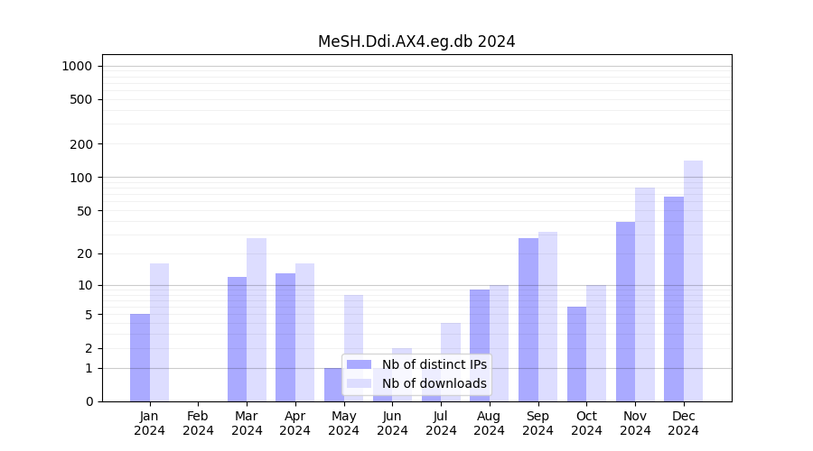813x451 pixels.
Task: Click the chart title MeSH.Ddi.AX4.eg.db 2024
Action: [416, 41]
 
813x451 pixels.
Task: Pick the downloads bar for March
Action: [257, 319]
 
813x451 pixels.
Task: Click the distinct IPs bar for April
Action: [285, 337]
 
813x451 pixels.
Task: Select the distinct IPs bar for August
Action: [480, 345]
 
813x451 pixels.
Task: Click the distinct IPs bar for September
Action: [528, 319]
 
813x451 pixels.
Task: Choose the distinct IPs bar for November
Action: [625, 311]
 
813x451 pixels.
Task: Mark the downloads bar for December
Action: [693, 281]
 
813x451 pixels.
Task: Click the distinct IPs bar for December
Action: [674, 299]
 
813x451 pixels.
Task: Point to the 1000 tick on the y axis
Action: [77, 66]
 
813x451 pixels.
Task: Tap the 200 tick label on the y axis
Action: [81, 144]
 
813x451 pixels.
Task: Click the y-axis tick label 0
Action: [89, 401]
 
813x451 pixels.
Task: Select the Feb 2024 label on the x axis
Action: [198, 423]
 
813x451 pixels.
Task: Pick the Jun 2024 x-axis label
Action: [392, 423]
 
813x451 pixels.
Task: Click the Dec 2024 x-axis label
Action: [684, 423]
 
